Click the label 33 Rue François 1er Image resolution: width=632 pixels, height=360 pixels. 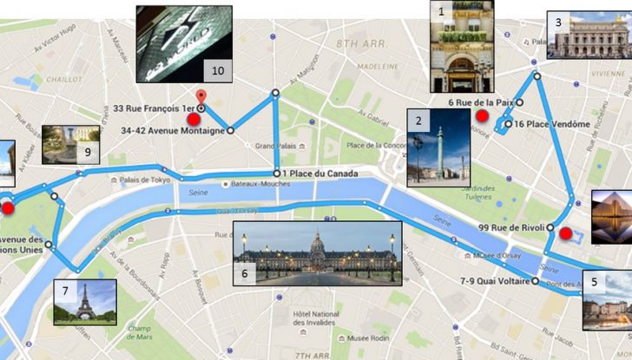coord(153,108)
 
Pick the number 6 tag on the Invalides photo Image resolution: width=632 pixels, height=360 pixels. coord(246,272)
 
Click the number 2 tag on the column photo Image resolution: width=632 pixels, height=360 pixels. coord(419,121)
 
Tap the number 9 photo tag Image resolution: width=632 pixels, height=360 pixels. coord(88,152)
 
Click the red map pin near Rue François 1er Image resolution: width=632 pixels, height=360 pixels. coord(201,95)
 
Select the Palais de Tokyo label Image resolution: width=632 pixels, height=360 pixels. coord(143,180)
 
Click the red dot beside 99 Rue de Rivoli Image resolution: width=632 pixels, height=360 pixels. coord(566,232)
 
